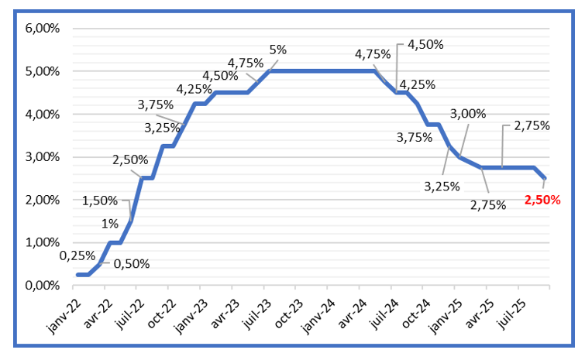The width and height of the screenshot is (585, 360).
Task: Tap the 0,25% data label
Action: coord(77,255)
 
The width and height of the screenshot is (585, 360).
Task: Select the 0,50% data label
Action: coord(131,263)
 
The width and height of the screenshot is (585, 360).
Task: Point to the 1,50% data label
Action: coord(101,201)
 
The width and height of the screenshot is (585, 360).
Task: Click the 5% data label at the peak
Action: coord(278,50)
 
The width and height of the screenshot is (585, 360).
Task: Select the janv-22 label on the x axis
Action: coord(64,313)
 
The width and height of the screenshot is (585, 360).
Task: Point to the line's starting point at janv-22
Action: coord(77,275)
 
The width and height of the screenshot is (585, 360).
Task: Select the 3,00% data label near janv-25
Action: coord(469,114)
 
